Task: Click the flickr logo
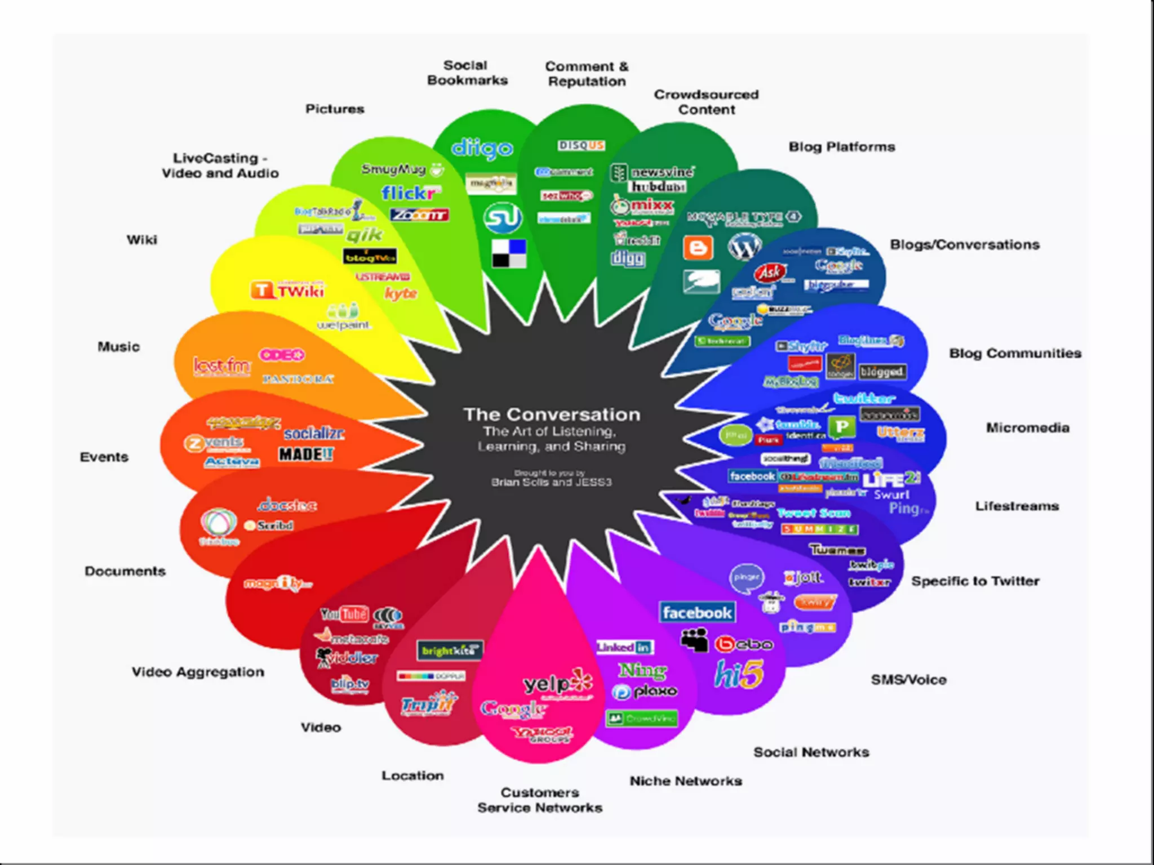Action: pyautogui.click(x=410, y=193)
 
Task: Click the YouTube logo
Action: pyautogui.click(x=344, y=614)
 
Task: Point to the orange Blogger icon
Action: pyautogui.click(x=698, y=248)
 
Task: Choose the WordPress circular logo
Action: pyautogui.click(x=744, y=246)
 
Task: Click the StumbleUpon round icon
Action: pyautogui.click(x=502, y=218)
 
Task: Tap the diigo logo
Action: pyautogui.click(x=482, y=148)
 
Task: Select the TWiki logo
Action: pyautogui.click(x=288, y=291)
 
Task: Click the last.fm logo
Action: pyautogui.click(x=221, y=366)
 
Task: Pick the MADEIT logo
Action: pyautogui.click(x=306, y=454)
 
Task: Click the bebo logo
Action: pyautogui.click(x=744, y=644)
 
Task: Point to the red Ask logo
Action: pyautogui.click(x=770, y=273)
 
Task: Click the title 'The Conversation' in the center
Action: pyautogui.click(x=552, y=414)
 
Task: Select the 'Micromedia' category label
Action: pyautogui.click(x=1027, y=428)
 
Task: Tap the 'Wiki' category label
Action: pyautogui.click(x=142, y=240)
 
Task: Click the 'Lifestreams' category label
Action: pyautogui.click(x=1017, y=506)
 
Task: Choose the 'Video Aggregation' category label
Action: pyautogui.click(x=198, y=672)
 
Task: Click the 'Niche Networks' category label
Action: pyautogui.click(x=685, y=781)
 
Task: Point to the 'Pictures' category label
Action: pyautogui.click(x=335, y=109)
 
